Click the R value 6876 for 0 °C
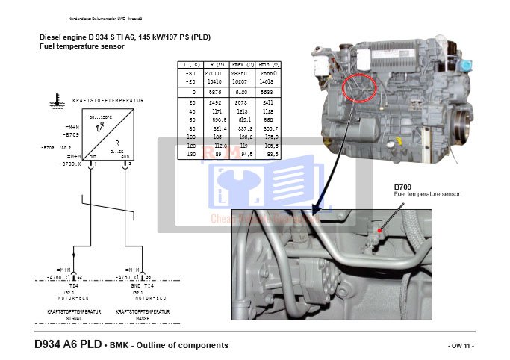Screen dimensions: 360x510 point(214,91)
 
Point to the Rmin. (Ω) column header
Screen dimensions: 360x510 point(270,65)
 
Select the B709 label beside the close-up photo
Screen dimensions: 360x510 point(402,187)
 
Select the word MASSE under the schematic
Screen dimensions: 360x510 point(143,317)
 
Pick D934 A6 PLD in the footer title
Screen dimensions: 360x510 point(66,344)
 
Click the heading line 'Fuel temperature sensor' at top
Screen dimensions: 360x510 point(81,46)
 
